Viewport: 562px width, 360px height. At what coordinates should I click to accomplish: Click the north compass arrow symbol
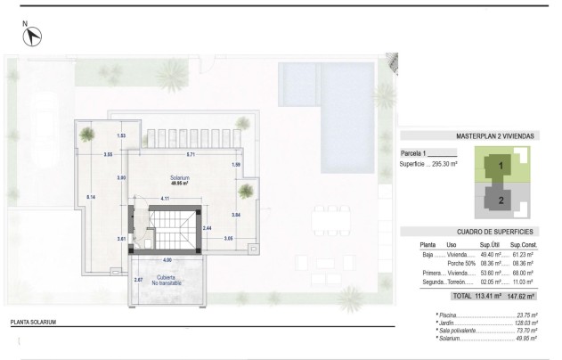(x=34, y=37)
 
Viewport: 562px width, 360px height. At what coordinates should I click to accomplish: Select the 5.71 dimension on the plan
(x=190, y=155)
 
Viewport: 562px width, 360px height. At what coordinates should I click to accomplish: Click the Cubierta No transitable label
(x=167, y=281)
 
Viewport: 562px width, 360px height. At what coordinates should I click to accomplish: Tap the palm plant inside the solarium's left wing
(x=87, y=135)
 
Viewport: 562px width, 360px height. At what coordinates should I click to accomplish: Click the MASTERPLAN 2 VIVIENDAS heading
(x=494, y=137)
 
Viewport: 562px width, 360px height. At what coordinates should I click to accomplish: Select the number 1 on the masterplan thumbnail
(x=501, y=164)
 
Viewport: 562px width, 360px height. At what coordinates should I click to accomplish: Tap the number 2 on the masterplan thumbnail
(x=501, y=200)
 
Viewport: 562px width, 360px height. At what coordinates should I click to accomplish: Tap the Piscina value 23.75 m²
(x=528, y=315)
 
